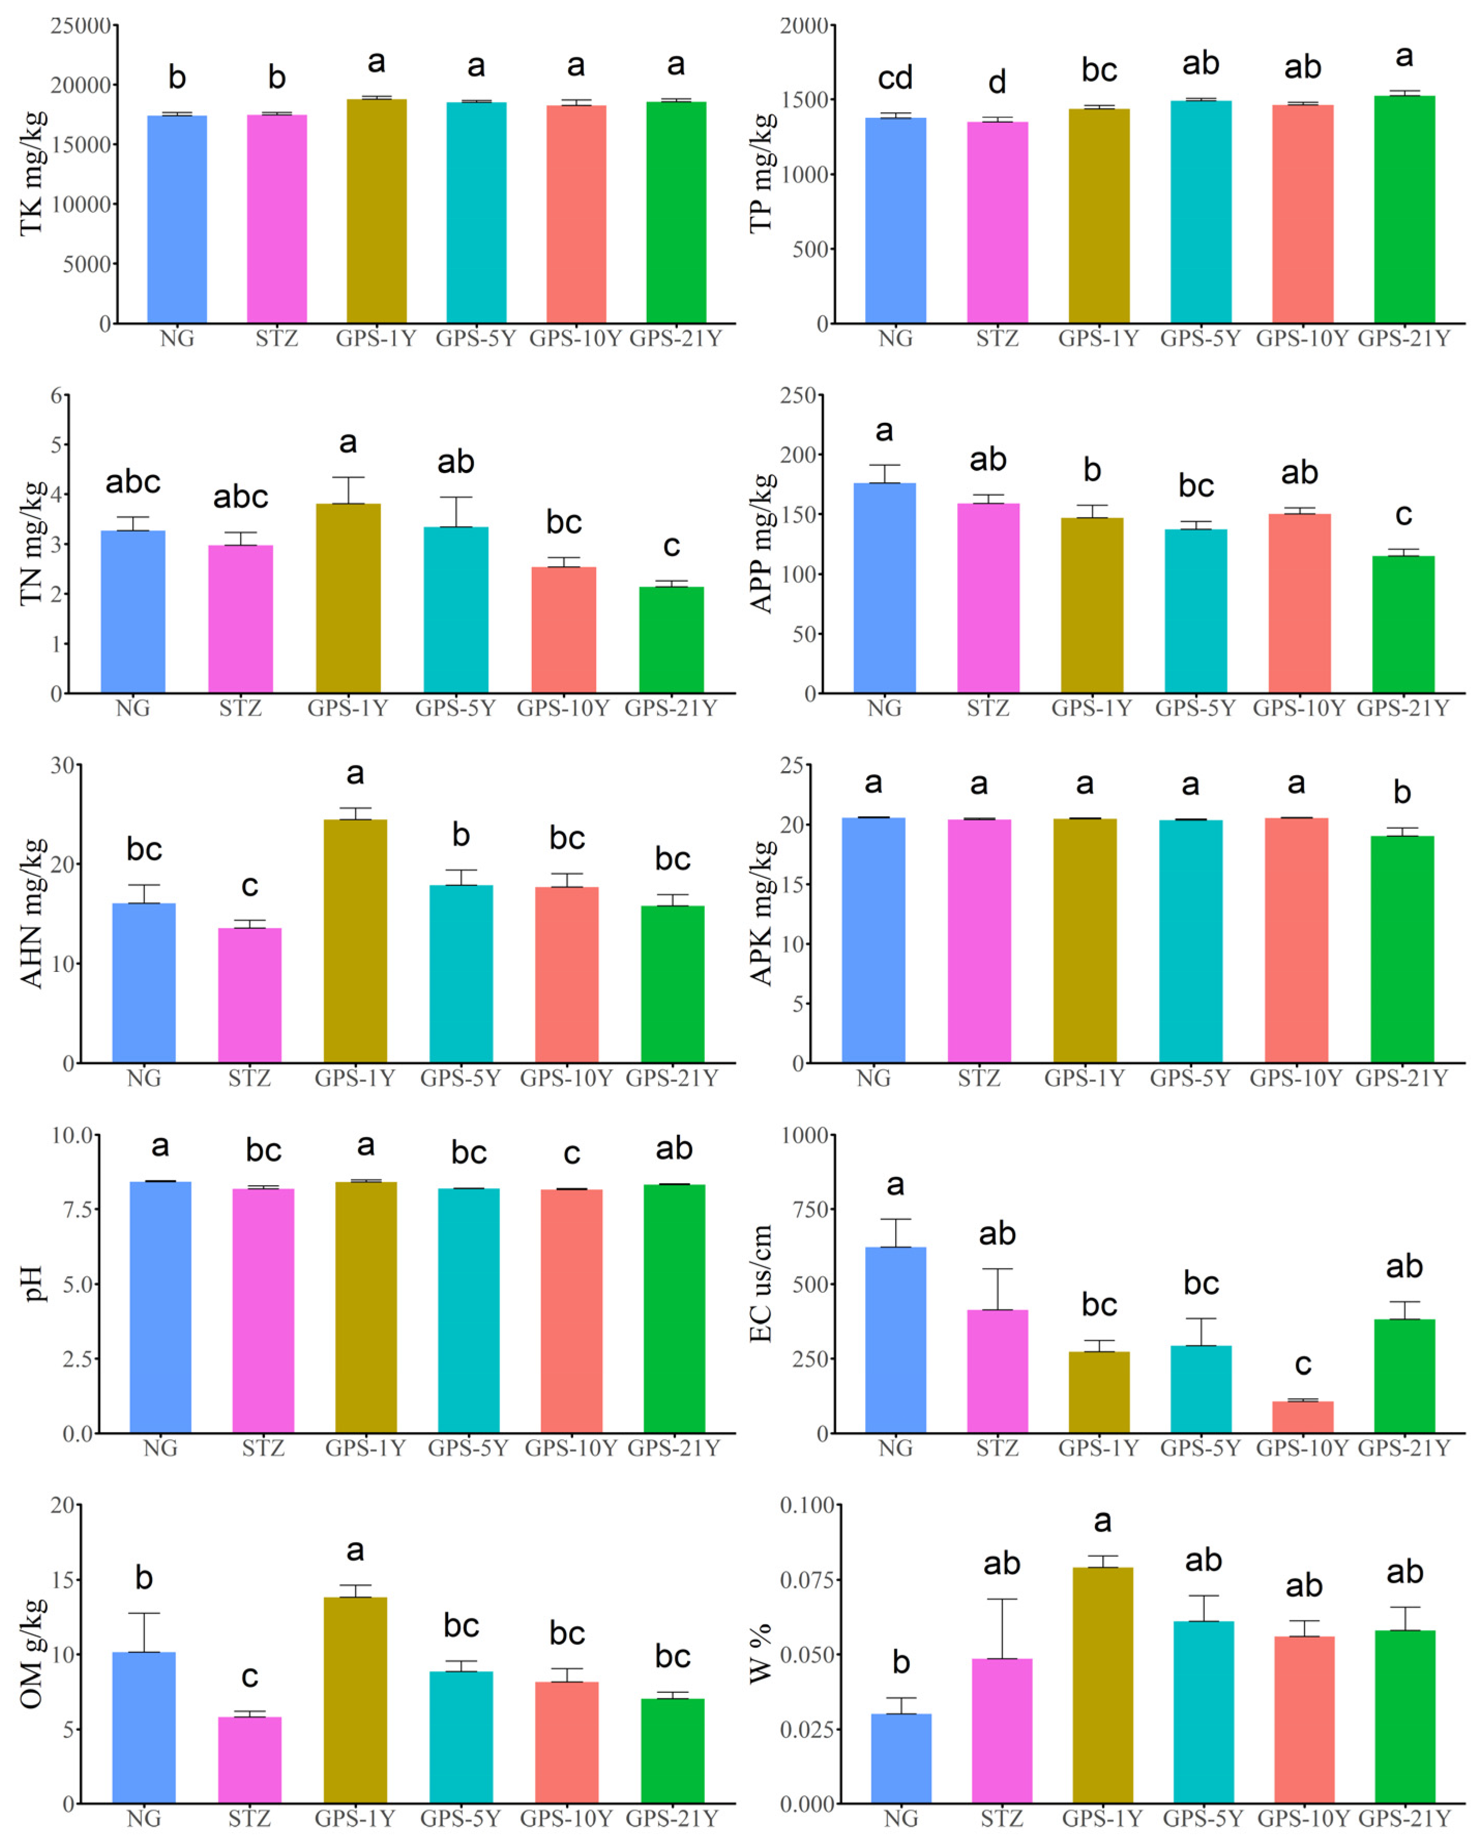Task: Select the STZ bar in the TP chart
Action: click(x=997, y=223)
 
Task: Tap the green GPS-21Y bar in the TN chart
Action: click(x=671, y=640)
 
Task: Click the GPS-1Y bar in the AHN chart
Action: click(x=355, y=941)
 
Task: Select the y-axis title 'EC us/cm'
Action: click(x=760, y=1283)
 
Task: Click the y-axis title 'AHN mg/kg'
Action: click(x=31, y=913)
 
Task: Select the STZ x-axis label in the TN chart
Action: click(x=240, y=708)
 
